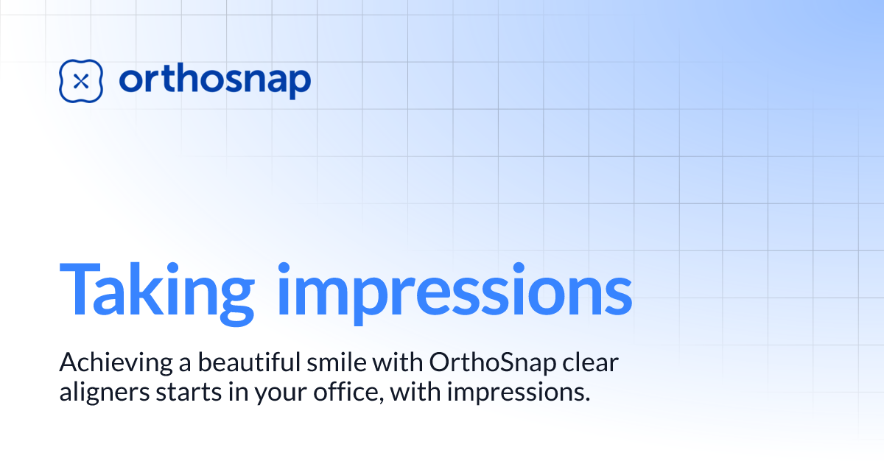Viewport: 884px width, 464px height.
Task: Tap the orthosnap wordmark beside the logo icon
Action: [214, 80]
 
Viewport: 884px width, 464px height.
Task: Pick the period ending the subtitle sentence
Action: [588, 399]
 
